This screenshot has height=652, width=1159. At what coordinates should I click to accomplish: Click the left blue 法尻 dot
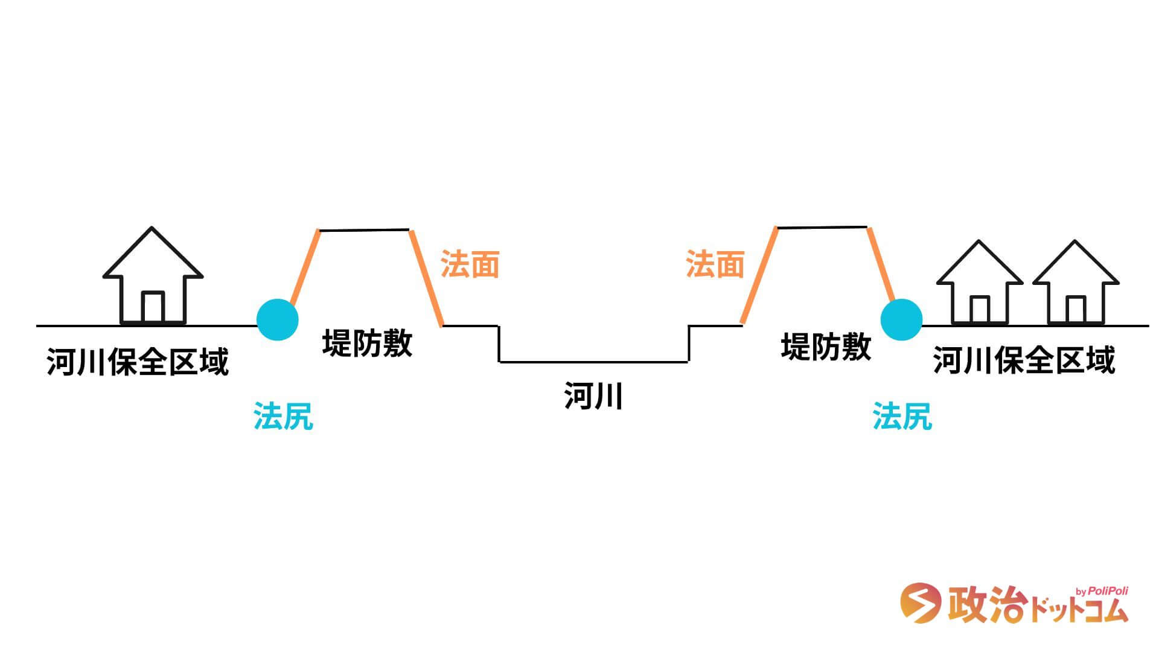[278, 319]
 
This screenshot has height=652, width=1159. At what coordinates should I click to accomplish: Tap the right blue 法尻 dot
[901, 319]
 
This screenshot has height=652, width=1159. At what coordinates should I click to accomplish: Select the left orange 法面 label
[470, 264]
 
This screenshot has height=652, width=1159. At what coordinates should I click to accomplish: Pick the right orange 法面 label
[715, 264]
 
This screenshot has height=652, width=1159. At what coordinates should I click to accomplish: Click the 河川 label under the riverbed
[593, 397]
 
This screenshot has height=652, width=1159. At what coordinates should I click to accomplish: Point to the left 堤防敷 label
[367, 343]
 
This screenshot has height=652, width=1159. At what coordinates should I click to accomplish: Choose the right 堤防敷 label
[826, 347]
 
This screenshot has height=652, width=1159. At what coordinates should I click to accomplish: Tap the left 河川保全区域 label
[138, 362]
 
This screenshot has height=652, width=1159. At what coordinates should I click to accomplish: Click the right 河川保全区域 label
[1024, 360]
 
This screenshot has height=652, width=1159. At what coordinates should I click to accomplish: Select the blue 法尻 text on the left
[283, 416]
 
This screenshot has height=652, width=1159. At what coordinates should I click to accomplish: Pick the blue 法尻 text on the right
[902, 416]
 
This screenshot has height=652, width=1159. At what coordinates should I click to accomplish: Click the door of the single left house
[153, 307]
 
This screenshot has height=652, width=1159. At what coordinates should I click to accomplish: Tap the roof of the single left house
[152, 254]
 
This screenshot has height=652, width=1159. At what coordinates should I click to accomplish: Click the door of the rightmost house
[1076, 310]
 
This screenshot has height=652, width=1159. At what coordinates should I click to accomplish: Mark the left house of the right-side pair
[979, 284]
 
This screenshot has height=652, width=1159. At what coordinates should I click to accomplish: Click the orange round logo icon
[920, 602]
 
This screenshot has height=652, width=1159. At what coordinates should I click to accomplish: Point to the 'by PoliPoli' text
[1102, 591]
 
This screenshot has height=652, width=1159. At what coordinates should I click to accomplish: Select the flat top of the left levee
[364, 230]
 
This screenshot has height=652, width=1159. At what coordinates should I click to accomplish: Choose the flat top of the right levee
[822, 228]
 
